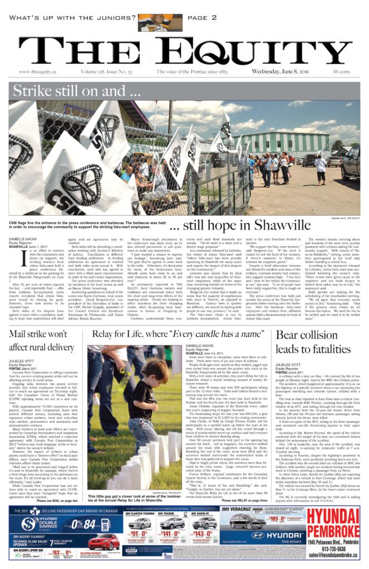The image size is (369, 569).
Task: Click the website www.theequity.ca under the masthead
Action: [x=40, y=72]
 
